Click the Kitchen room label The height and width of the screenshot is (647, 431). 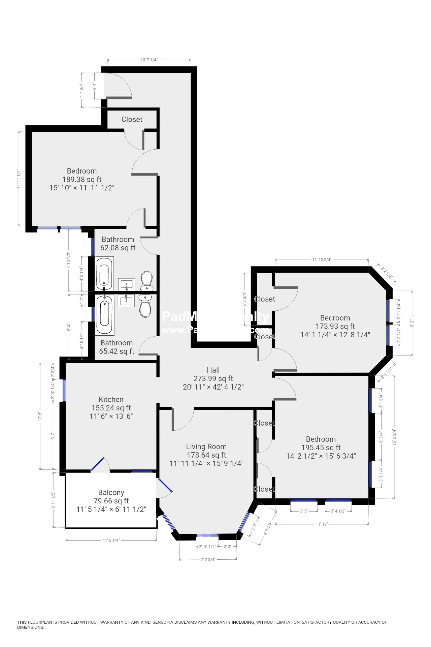tap(111, 399)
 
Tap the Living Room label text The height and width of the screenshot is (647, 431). tap(206, 446)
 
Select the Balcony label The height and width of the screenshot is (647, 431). tap(111, 492)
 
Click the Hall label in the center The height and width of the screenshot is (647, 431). tap(213, 370)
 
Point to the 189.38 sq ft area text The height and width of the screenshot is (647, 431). tap(82, 179)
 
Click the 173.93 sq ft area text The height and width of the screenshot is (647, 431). tap(335, 326)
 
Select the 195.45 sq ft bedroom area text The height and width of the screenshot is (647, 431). tap(321, 448)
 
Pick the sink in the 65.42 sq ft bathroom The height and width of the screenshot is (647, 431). tap(126, 300)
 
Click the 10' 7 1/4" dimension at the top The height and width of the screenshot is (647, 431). tap(149, 60)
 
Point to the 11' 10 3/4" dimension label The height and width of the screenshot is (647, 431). tap(322, 259)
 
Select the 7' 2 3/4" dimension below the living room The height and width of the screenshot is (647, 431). tap(208, 560)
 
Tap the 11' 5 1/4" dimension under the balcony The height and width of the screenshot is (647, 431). tap(111, 540)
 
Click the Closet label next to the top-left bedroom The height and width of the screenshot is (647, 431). tap(132, 119)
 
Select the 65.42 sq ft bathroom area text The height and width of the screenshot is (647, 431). tap(117, 351)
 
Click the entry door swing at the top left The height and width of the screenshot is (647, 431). tap(118, 86)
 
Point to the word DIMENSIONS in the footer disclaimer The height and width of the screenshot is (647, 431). tap(31, 627)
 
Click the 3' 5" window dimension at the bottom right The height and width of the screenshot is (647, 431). tap(304, 511)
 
